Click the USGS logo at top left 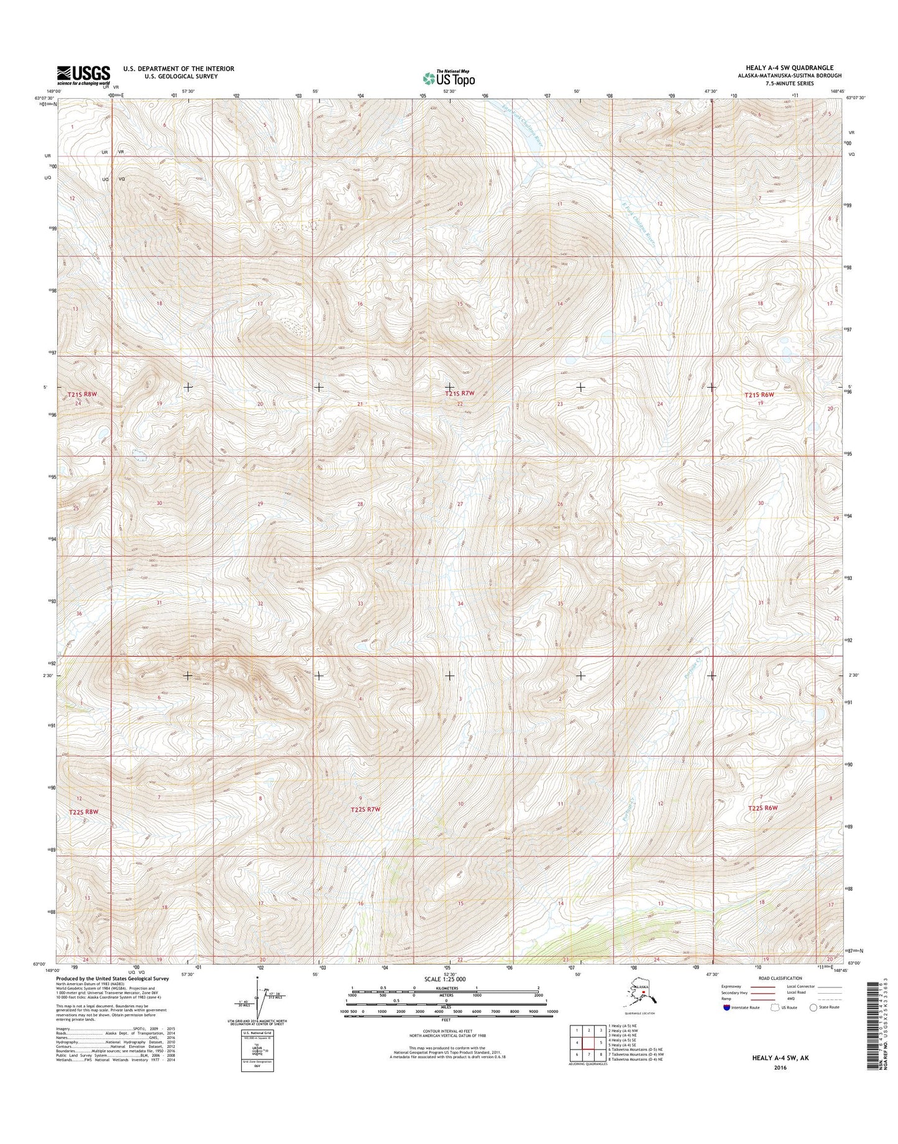[83, 75]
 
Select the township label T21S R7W [459, 394]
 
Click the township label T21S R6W [759, 395]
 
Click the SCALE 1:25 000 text [444, 979]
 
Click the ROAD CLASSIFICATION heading [779, 978]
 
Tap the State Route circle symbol [813, 1007]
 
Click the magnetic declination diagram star [256, 978]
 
